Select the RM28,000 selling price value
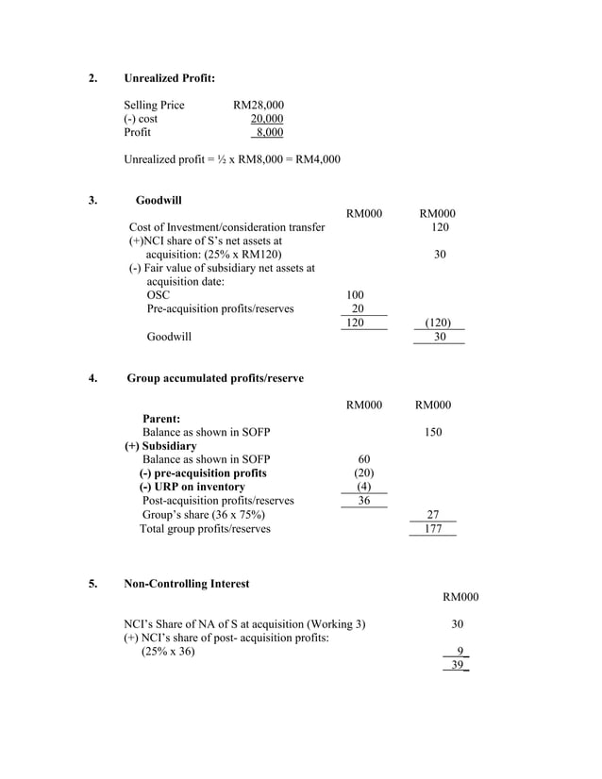pyautogui.click(x=258, y=105)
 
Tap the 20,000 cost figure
pyautogui.click(x=266, y=119)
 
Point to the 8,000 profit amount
pyautogui.click(x=269, y=133)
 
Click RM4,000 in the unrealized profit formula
pyautogui.click(x=318, y=159)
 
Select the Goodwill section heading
pyautogui.click(x=159, y=200)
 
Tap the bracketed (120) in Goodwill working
pyautogui.click(x=436, y=323)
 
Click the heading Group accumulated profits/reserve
pyautogui.click(x=215, y=378)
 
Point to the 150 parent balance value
pyautogui.click(x=432, y=432)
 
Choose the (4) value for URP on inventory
pyautogui.click(x=363, y=487)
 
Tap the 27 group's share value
pyautogui.click(x=433, y=515)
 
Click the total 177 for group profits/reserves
pyautogui.click(x=432, y=529)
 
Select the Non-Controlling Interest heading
pyautogui.click(x=187, y=584)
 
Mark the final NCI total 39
pyautogui.click(x=458, y=665)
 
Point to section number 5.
pyautogui.click(x=92, y=584)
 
